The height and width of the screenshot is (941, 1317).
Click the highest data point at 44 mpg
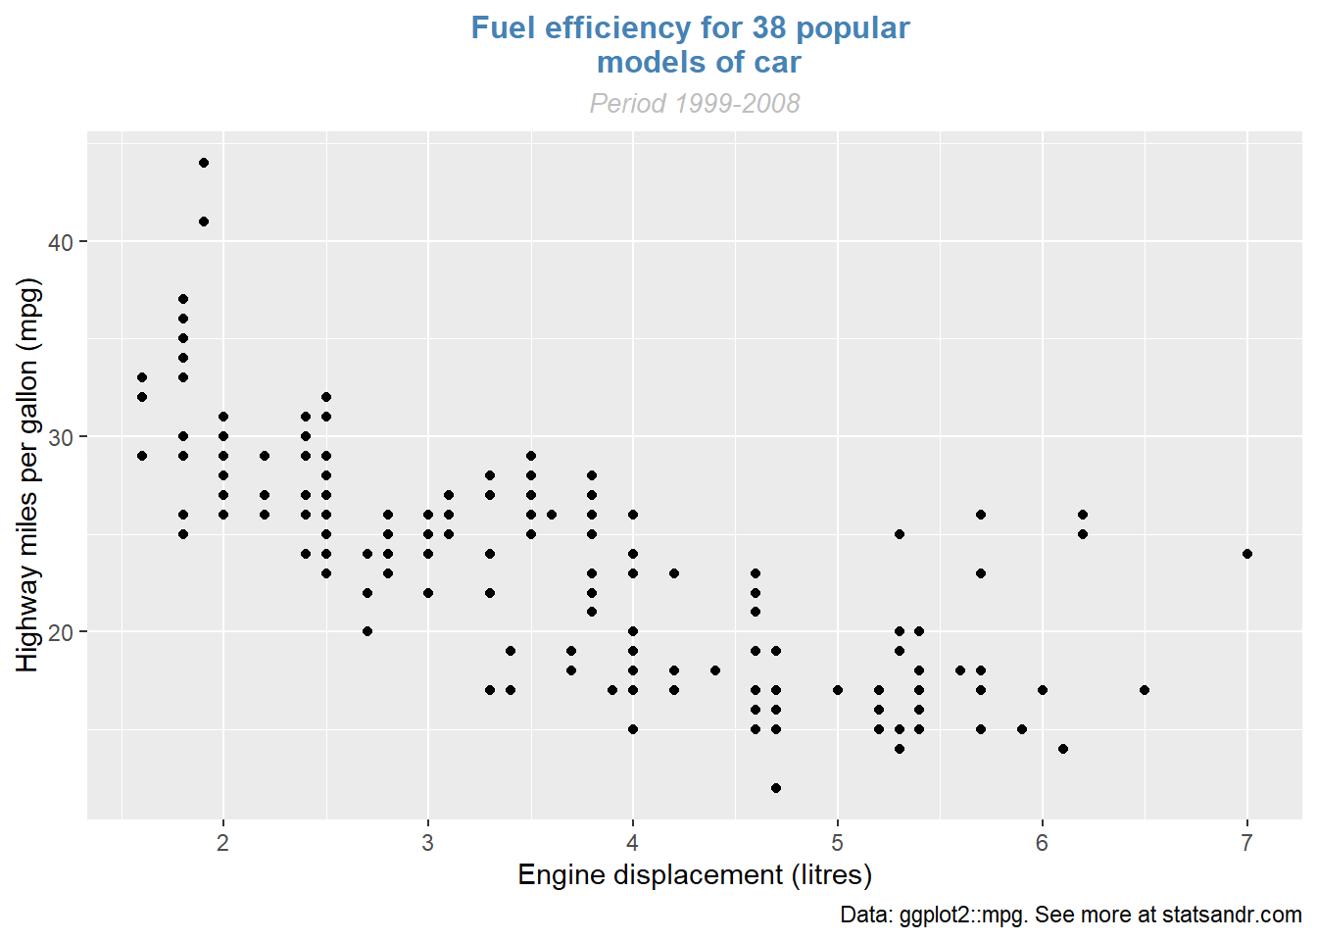[204, 163]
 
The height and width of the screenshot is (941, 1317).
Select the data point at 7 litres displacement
[1247, 554]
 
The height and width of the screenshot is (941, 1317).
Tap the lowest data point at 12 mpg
[776, 788]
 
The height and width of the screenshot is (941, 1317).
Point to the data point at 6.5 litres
[1145, 690]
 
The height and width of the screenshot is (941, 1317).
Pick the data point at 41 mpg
[204, 222]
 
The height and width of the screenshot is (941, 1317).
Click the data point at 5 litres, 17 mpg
[838, 690]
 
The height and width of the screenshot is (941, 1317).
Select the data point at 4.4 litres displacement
[715, 670]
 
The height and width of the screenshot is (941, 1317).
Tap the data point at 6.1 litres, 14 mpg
[1063, 749]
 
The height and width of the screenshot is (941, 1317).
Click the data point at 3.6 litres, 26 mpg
[552, 515]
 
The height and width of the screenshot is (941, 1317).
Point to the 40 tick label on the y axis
[61, 242]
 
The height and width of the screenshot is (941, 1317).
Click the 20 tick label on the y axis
[61, 632]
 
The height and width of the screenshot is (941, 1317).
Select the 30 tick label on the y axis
[61, 437]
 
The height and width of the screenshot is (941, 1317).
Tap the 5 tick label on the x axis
[838, 843]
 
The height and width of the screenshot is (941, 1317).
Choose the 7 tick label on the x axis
[1247, 843]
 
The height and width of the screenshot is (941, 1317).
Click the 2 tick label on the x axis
[223, 843]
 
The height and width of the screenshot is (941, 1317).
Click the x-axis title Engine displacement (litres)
[695, 874]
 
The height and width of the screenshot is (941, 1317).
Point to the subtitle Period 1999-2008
[695, 103]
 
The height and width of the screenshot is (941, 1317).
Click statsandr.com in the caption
[1232, 915]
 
